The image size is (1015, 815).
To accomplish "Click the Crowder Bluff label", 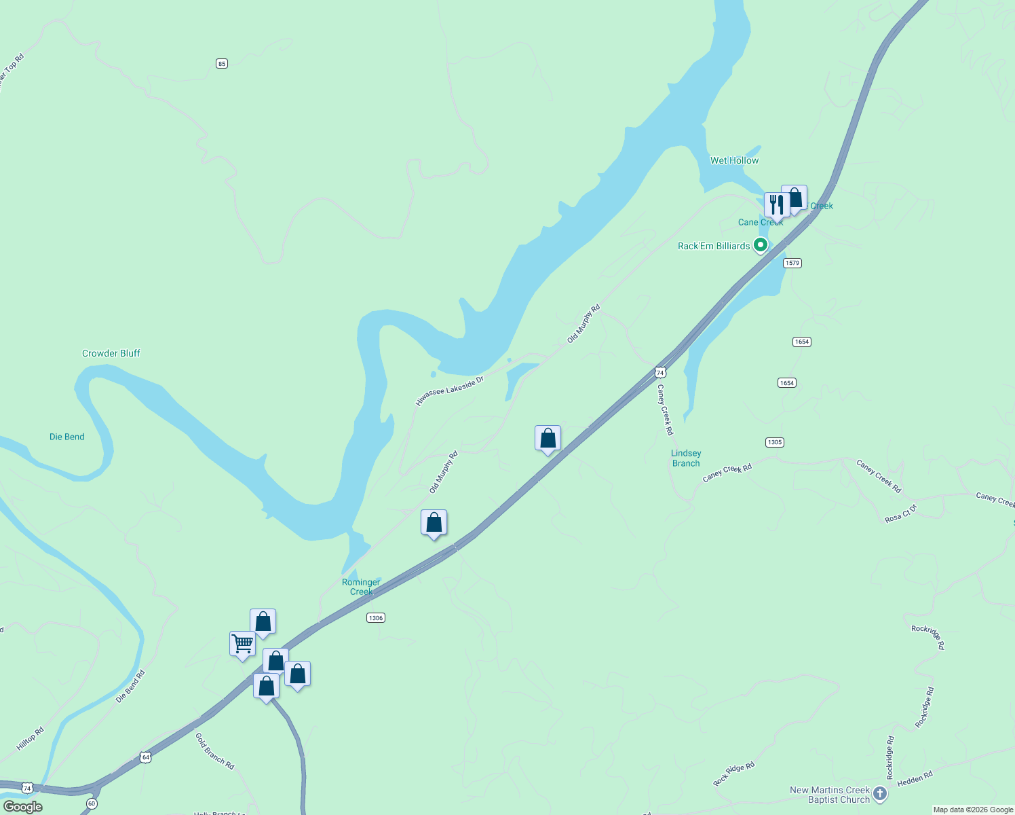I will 111,353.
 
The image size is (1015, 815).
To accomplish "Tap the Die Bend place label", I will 67,437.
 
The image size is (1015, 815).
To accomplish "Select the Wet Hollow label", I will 734,160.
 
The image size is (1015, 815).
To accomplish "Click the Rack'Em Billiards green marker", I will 761,245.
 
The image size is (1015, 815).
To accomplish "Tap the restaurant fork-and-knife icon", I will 776,204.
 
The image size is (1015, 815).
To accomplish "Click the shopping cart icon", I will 242,642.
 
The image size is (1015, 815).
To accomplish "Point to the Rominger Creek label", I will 361,587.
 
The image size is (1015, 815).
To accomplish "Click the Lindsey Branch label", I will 686,458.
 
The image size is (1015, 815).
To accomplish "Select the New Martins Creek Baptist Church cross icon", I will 879,793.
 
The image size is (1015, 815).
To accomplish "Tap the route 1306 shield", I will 375,617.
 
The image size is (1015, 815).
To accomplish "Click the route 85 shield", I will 222,63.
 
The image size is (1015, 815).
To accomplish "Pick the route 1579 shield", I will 792,263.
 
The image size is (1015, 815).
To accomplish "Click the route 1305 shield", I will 774,442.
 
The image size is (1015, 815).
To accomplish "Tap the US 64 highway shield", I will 145,757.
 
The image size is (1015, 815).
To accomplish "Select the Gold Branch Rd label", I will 214,751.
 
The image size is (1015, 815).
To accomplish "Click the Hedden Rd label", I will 915,778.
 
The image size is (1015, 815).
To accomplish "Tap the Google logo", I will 23,807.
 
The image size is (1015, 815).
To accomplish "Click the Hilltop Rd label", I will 31,739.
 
